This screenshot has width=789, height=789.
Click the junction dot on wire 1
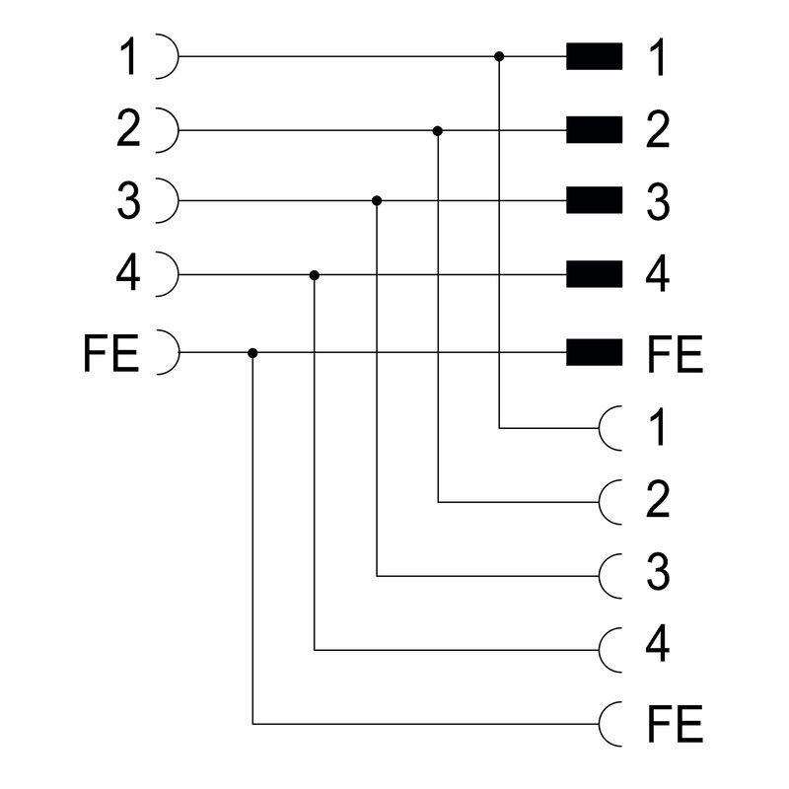click(500, 57)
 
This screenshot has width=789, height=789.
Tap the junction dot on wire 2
click(438, 130)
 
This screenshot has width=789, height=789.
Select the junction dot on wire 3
click(377, 201)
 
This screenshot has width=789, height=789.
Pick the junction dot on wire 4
click(315, 275)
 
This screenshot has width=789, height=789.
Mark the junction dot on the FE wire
click(253, 352)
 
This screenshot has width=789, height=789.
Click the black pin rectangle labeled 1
click(594, 57)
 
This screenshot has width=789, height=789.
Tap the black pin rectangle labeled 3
click(594, 201)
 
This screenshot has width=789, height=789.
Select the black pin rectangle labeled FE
click(594, 351)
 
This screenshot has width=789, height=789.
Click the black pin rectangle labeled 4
click(594, 275)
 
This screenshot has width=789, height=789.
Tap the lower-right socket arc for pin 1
click(610, 429)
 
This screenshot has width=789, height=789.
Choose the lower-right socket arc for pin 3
click(610, 576)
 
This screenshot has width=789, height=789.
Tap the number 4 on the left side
click(128, 275)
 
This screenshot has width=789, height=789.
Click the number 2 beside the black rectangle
click(659, 132)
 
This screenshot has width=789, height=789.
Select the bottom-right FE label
click(675, 726)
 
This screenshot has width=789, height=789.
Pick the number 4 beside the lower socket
click(659, 645)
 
